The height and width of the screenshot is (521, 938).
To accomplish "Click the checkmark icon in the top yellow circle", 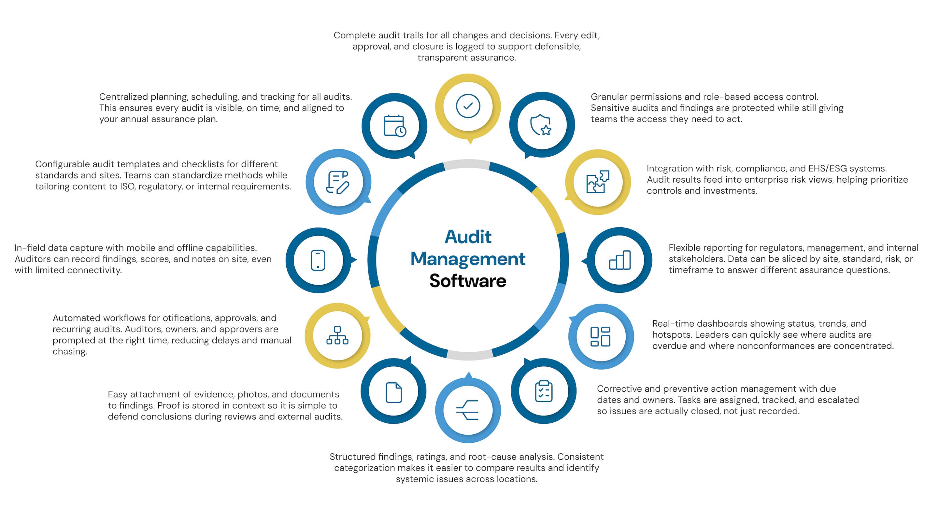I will pyautogui.click(x=468, y=106).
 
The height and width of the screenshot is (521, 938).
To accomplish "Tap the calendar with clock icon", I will pyautogui.click(x=395, y=126).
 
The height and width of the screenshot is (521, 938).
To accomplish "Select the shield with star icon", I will pyautogui.click(x=541, y=125).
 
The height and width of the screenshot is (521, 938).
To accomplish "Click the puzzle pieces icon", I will pyautogui.click(x=598, y=182).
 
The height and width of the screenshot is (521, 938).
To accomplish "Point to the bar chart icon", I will pyautogui.click(x=619, y=260).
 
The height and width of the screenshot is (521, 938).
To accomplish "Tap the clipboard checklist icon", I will pyautogui.click(x=544, y=391).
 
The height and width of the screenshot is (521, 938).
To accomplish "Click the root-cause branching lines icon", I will pyautogui.click(x=468, y=410).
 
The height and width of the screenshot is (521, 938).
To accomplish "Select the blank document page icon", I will pyautogui.click(x=394, y=392).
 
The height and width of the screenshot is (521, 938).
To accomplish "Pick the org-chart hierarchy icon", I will pyautogui.click(x=337, y=335).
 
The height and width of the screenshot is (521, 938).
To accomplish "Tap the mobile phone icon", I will pyautogui.click(x=318, y=260).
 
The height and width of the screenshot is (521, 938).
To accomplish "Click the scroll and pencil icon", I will pyautogui.click(x=337, y=182).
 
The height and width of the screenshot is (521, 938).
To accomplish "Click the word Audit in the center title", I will pyautogui.click(x=468, y=237).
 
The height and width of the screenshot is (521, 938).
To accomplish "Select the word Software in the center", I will pyautogui.click(x=468, y=281).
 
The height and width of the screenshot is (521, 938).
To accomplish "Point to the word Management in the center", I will pyautogui.click(x=468, y=259).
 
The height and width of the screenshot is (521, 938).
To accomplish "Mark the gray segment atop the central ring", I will pyautogui.click(x=467, y=164).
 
